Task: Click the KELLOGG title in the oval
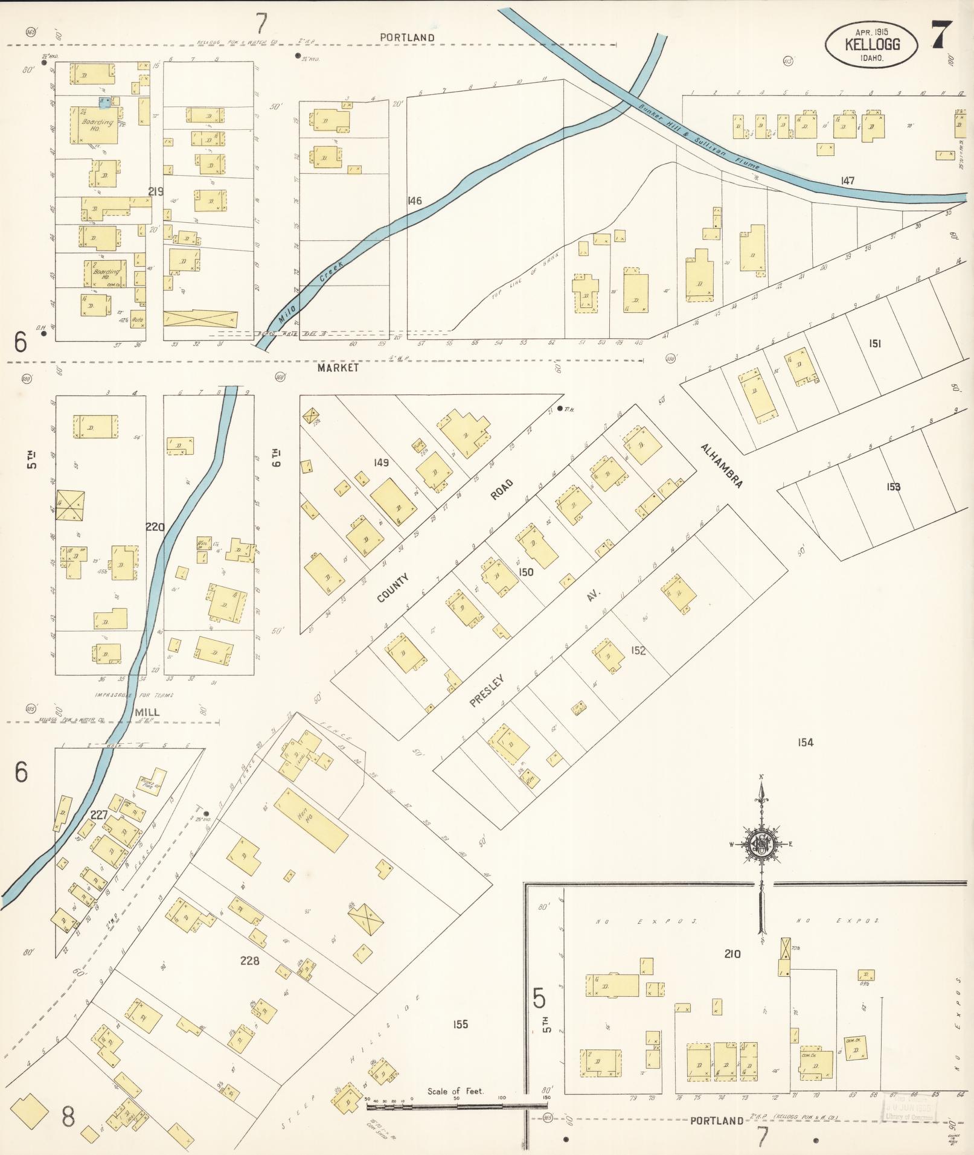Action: coord(872,44)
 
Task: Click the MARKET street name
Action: coord(338,367)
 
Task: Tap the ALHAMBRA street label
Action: coord(721,466)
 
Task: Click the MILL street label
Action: coord(147,712)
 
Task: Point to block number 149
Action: coord(380,462)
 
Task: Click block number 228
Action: coord(249,960)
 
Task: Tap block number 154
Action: coord(805,743)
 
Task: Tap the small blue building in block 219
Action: coord(104,103)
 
